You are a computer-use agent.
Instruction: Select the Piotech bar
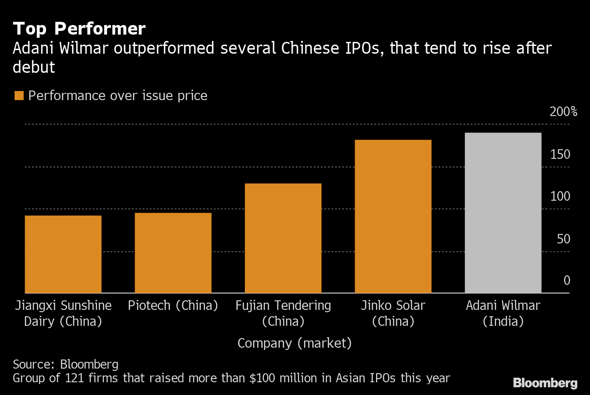(x=173, y=253)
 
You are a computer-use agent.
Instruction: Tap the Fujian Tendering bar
(x=283, y=238)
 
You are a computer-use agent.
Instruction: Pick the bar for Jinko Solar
(x=393, y=216)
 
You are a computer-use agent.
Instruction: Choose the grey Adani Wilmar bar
(x=503, y=213)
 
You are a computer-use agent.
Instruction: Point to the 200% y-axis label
(x=563, y=112)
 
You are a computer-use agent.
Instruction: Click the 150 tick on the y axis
(x=560, y=155)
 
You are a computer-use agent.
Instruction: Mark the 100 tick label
(x=560, y=197)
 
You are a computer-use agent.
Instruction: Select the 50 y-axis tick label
(x=563, y=239)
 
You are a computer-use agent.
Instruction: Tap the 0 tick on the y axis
(x=566, y=280)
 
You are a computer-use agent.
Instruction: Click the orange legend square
(x=19, y=96)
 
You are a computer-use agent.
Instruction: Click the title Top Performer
(x=79, y=29)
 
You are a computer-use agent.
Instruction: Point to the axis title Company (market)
(x=295, y=343)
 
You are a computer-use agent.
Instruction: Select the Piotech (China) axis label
(x=173, y=305)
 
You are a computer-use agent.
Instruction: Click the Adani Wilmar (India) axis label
(x=503, y=313)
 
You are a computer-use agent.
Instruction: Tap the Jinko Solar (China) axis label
(x=393, y=313)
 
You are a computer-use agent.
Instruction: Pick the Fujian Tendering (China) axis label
(x=283, y=313)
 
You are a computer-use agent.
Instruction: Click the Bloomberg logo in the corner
(x=545, y=383)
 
